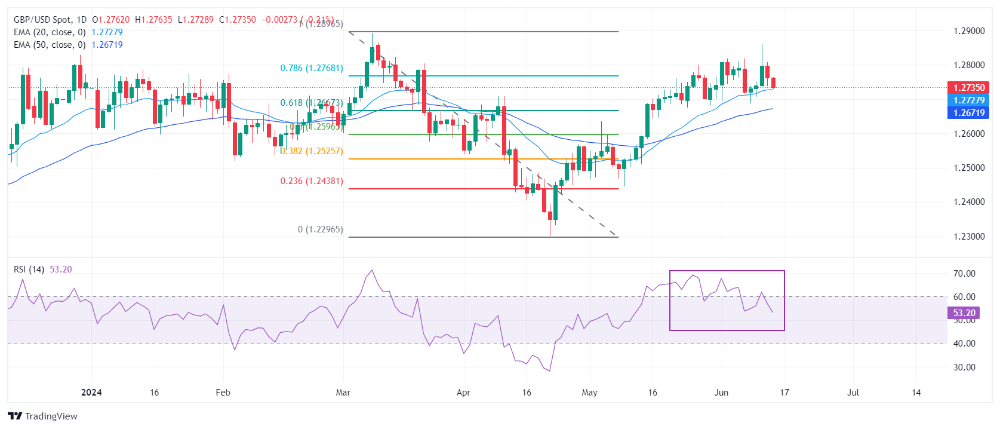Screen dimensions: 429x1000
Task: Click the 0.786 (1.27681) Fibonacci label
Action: (x=312, y=68)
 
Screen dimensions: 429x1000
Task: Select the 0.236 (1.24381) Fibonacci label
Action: (x=312, y=181)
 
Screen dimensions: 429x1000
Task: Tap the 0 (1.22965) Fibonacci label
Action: (x=321, y=229)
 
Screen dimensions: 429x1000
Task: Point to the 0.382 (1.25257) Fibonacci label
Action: (x=312, y=151)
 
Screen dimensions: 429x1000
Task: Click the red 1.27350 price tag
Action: (x=968, y=88)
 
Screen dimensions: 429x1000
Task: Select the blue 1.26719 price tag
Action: (x=968, y=113)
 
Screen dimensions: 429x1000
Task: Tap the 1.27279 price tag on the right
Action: (x=968, y=100)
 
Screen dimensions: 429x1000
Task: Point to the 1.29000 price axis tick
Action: (x=969, y=31)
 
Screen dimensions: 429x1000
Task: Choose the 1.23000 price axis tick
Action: (x=969, y=237)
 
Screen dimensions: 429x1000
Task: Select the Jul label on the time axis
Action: (x=853, y=393)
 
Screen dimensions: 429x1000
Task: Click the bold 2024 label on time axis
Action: (x=91, y=393)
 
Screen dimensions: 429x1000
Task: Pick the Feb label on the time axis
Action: (x=223, y=393)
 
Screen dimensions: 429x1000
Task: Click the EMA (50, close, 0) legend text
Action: (x=50, y=45)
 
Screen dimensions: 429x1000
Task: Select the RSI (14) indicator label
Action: (x=29, y=269)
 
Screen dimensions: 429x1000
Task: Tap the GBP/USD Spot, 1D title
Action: (x=50, y=20)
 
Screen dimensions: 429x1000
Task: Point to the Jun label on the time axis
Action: (x=721, y=393)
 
